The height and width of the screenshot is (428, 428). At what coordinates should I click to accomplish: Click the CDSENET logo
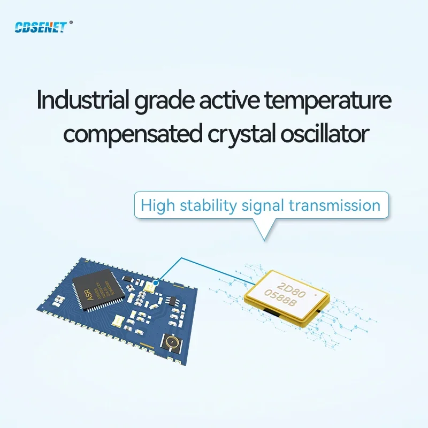[x=41, y=27]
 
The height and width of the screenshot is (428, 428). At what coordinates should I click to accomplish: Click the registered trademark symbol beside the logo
[x=71, y=23]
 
